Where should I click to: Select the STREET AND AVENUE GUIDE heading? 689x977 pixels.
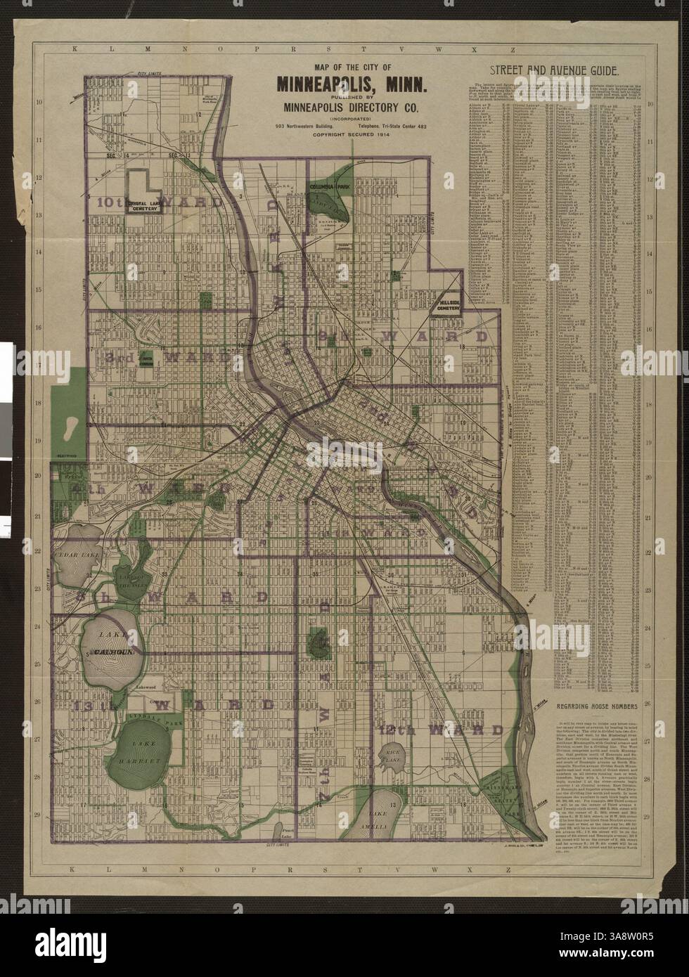point(554,70)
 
